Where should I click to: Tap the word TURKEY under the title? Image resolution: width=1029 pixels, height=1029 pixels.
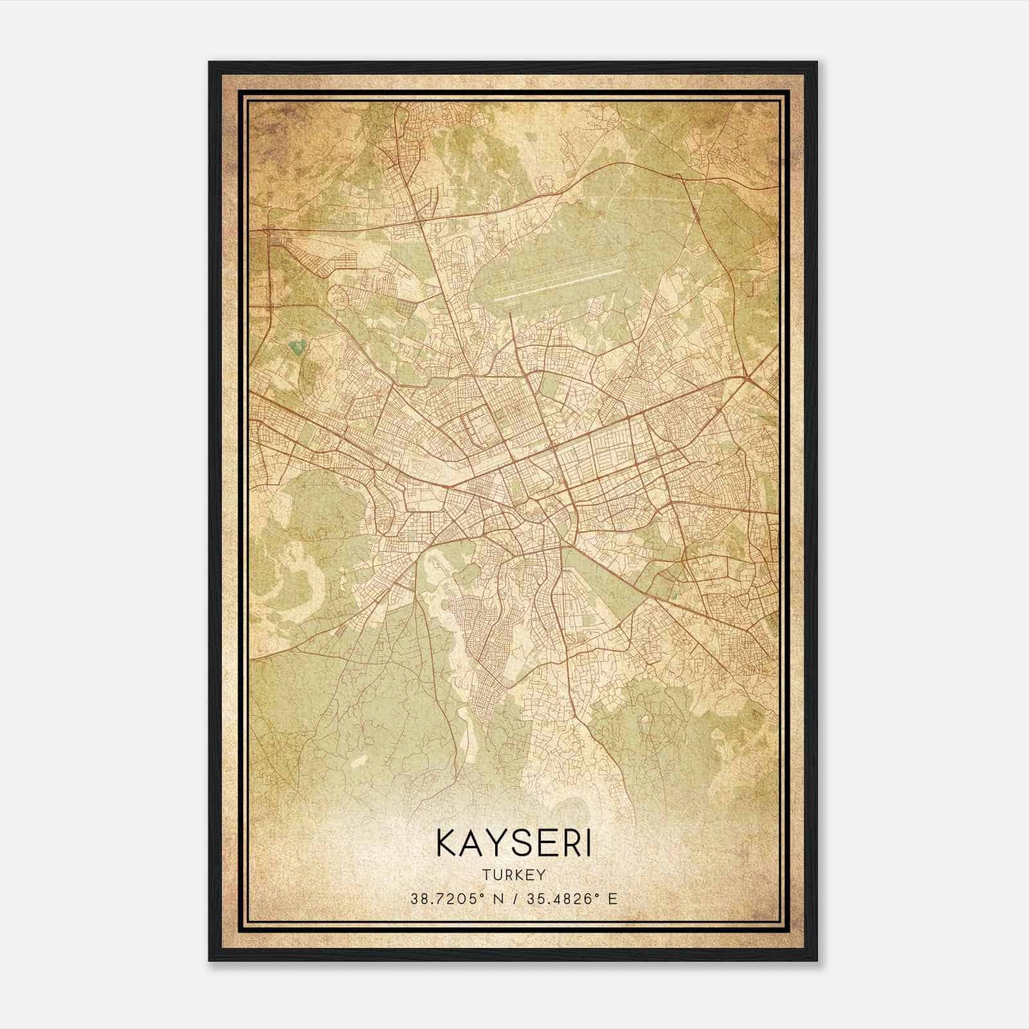point(514,875)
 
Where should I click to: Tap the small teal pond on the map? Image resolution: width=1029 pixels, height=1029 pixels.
point(296,348)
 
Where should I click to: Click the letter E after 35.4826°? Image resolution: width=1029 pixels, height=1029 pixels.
point(612,898)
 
